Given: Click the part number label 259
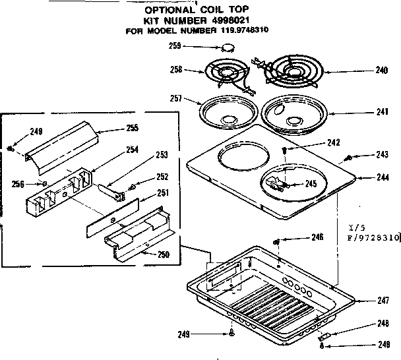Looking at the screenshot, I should coord(175,45).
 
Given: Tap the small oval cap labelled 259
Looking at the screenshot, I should coord(228,46).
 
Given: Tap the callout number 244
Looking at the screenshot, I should coord(381,177).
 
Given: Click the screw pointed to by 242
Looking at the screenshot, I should coord(284,150).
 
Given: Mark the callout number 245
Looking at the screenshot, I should coord(310,184).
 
